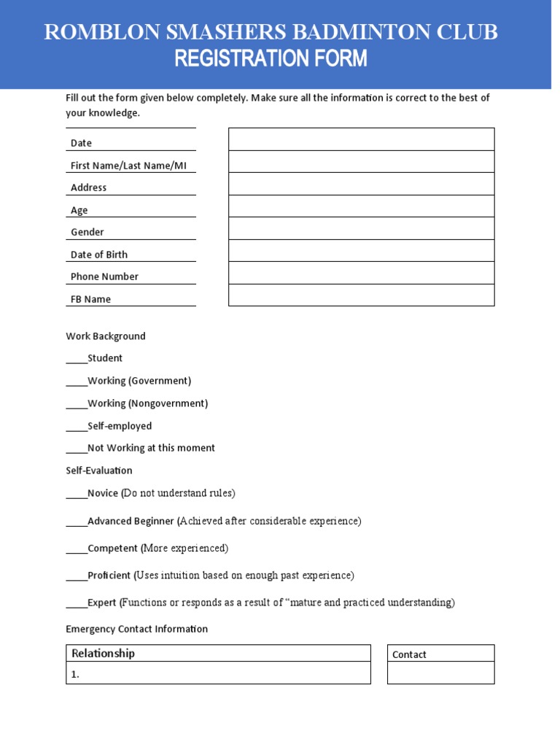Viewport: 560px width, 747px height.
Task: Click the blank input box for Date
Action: point(361,139)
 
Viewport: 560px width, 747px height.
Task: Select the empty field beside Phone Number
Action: point(361,273)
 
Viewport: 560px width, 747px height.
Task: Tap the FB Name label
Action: point(90,299)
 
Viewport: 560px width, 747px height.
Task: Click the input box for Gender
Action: point(361,228)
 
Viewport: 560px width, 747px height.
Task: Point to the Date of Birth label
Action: point(99,255)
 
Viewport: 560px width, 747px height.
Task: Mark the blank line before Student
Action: point(77,359)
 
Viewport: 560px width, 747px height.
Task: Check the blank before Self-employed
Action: point(77,427)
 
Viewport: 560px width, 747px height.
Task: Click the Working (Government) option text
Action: point(139,381)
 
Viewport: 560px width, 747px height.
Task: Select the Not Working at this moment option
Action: point(151,448)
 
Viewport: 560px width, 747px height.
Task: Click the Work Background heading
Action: point(106,336)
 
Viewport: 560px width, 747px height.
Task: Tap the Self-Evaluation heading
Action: point(99,471)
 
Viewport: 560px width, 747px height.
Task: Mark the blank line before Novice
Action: point(77,495)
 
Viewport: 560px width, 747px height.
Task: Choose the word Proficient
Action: point(109,576)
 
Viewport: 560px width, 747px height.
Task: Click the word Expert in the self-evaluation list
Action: point(102,603)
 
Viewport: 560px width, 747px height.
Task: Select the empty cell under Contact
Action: point(440,673)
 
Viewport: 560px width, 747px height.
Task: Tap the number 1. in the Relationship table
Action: point(75,675)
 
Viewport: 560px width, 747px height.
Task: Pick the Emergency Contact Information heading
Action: point(136,629)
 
